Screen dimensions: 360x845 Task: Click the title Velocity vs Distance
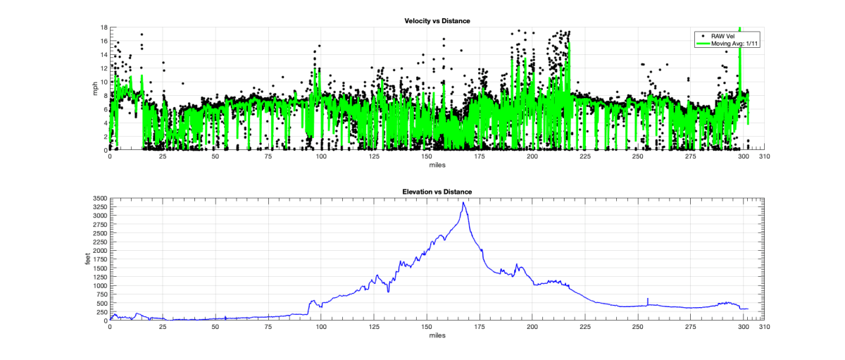[x=432, y=20]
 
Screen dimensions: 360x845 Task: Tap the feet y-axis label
[x=88, y=260]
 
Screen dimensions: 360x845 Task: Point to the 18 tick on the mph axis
[x=103, y=27]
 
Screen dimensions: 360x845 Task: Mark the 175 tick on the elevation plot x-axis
[x=480, y=328]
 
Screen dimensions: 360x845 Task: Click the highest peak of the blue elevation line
[x=463, y=203]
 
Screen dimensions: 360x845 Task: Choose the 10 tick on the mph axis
[x=103, y=82]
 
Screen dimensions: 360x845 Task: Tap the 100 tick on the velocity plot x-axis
[x=321, y=157]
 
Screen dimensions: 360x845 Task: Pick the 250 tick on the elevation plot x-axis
[x=638, y=328]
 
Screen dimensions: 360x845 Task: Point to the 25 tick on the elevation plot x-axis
[x=163, y=328]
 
